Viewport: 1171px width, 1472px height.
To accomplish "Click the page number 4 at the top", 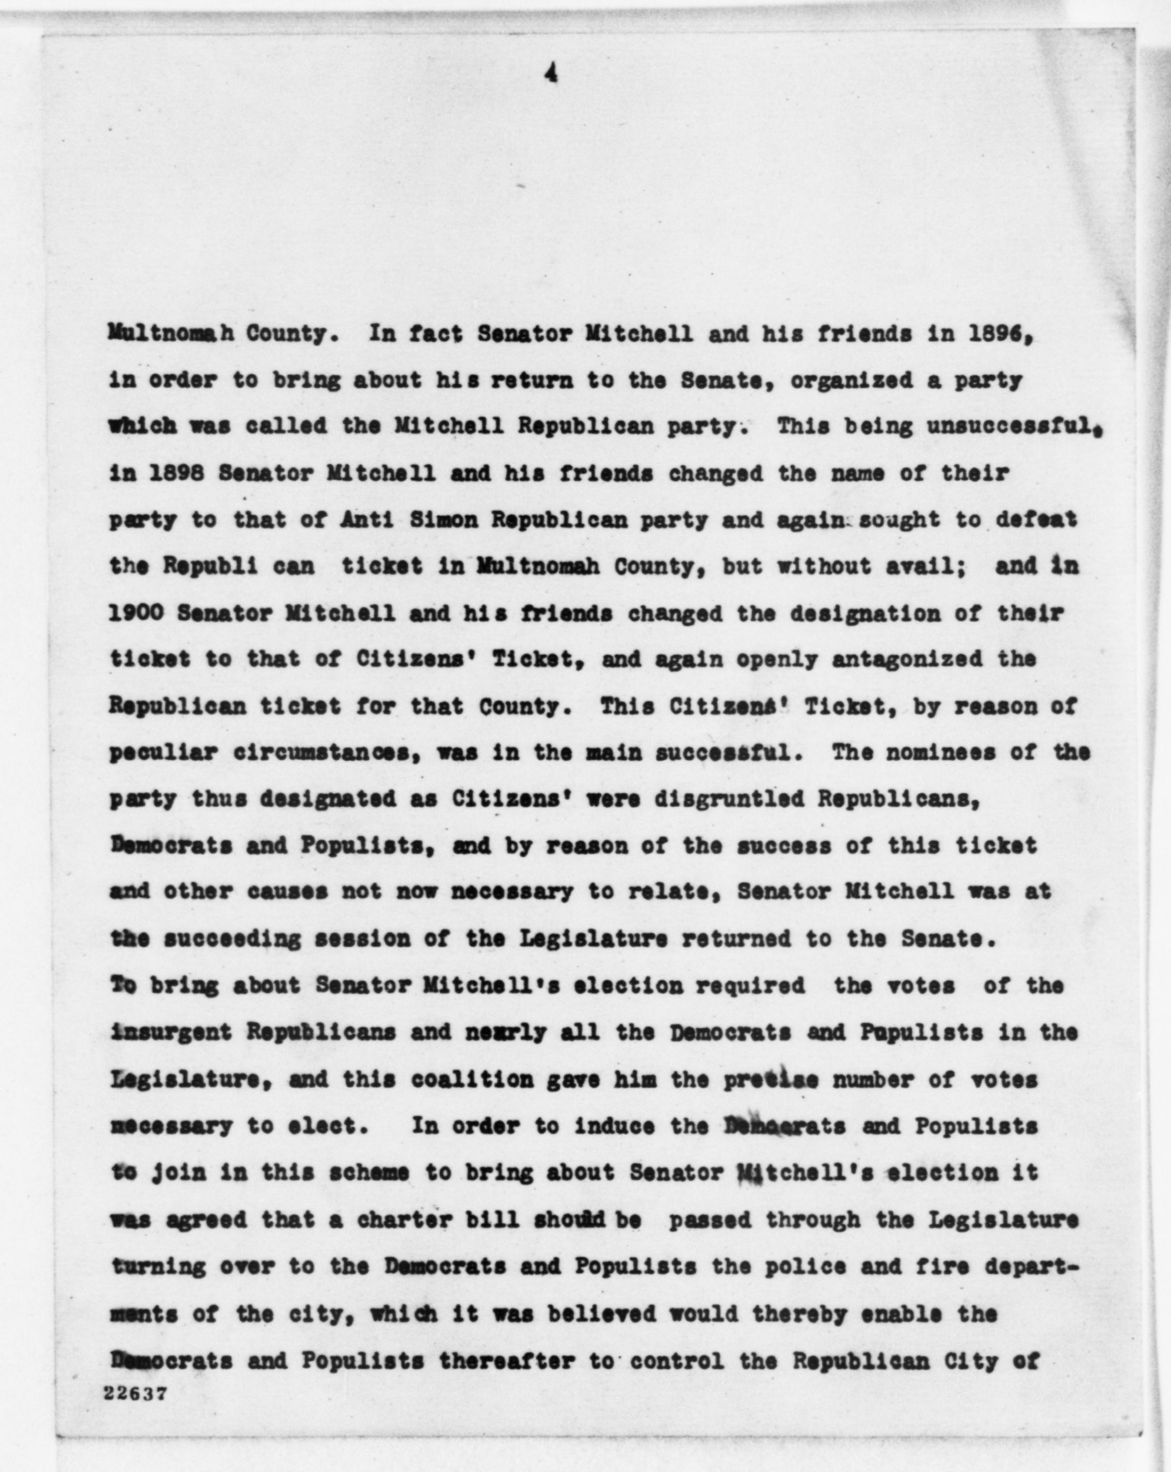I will coord(551,76).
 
